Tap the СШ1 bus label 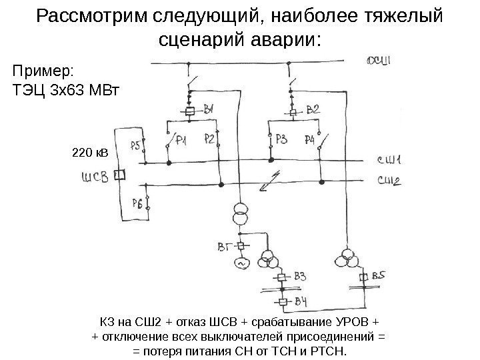click(x=389, y=160)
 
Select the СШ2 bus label click(x=389, y=179)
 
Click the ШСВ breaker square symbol click(x=121, y=175)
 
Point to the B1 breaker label click(x=209, y=109)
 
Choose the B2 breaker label click(x=312, y=109)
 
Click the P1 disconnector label click(x=181, y=140)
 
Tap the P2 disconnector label click(x=209, y=139)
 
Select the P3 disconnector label click(x=282, y=139)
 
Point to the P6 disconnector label click(x=136, y=204)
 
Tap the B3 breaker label click(x=301, y=276)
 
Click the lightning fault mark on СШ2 click(x=269, y=178)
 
